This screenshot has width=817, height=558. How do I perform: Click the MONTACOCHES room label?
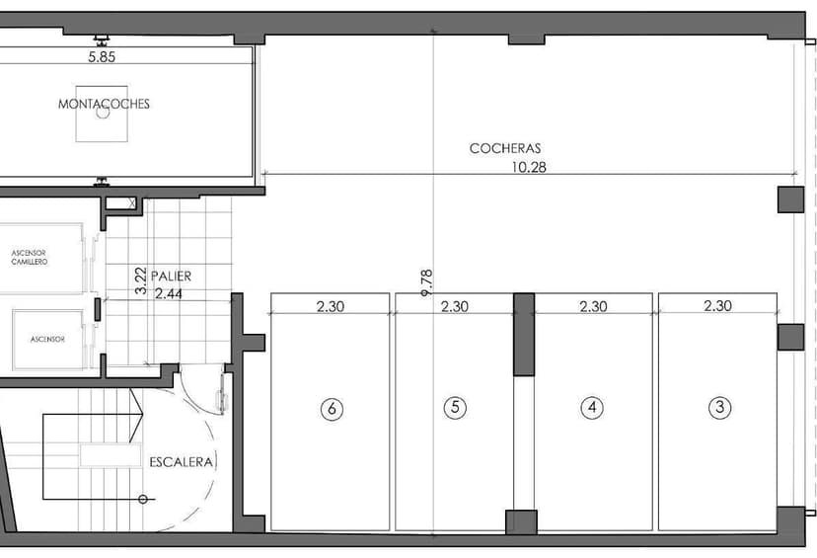[104, 104]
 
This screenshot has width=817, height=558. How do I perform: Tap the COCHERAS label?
[505, 148]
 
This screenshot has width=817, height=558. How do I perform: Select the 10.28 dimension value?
[528, 168]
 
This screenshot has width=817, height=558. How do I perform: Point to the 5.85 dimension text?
[102, 57]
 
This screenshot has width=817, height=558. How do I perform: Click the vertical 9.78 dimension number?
[426, 283]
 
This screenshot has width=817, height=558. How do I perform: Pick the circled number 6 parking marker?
[332, 408]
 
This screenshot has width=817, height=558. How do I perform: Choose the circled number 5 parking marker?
[455, 407]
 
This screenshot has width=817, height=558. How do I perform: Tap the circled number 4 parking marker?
[592, 407]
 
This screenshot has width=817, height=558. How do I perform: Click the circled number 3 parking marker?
[720, 407]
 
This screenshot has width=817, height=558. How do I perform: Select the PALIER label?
[171, 277]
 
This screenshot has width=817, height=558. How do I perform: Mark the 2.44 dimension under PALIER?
[169, 294]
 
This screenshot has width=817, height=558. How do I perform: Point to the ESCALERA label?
[182, 462]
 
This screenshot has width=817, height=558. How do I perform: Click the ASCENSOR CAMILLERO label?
[30, 258]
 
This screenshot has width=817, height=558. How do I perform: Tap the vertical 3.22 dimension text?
[141, 280]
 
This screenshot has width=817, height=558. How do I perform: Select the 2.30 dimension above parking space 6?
[331, 306]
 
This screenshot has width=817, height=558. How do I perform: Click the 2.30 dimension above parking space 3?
[718, 305]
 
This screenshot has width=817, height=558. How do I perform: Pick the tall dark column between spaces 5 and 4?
[524, 334]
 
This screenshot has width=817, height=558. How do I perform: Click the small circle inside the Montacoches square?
[103, 112]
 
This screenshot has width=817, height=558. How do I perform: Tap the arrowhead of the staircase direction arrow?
[136, 415]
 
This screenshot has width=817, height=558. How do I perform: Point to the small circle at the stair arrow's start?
[143, 500]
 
